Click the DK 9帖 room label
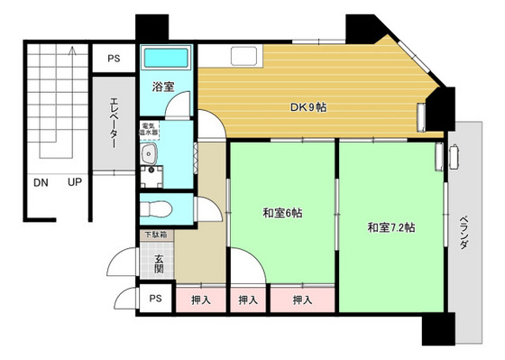(308, 107)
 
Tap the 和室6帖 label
(282, 214)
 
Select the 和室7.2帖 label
(391, 227)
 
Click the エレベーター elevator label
(115, 121)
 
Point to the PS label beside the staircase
(115, 59)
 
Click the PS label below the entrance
(155, 299)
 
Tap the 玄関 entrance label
(158, 262)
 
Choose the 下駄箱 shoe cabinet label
(155, 235)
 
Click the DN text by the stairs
(41, 183)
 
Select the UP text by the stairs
(76, 183)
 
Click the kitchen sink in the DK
(243, 56)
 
